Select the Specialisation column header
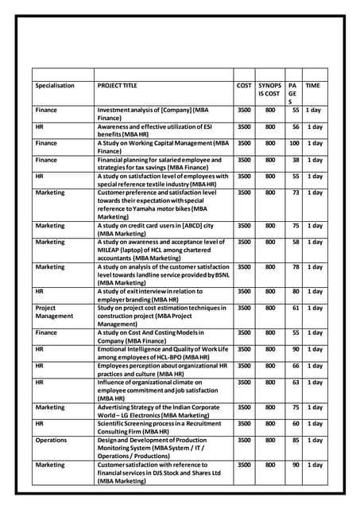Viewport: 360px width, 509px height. tap(55, 85)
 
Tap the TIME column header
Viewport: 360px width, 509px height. tap(313, 85)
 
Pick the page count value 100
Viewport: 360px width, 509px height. tap(293, 143)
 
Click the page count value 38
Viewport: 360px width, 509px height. tap(295, 160)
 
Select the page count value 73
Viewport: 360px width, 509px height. tap(295, 192)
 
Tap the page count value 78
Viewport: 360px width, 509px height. tap(295, 266)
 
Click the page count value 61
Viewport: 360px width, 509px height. tap(295, 308)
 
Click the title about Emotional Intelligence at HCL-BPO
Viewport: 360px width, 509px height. tap(162, 353)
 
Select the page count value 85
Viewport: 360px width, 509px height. tap(295, 440)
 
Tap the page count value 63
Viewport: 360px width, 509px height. tap(295, 382)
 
